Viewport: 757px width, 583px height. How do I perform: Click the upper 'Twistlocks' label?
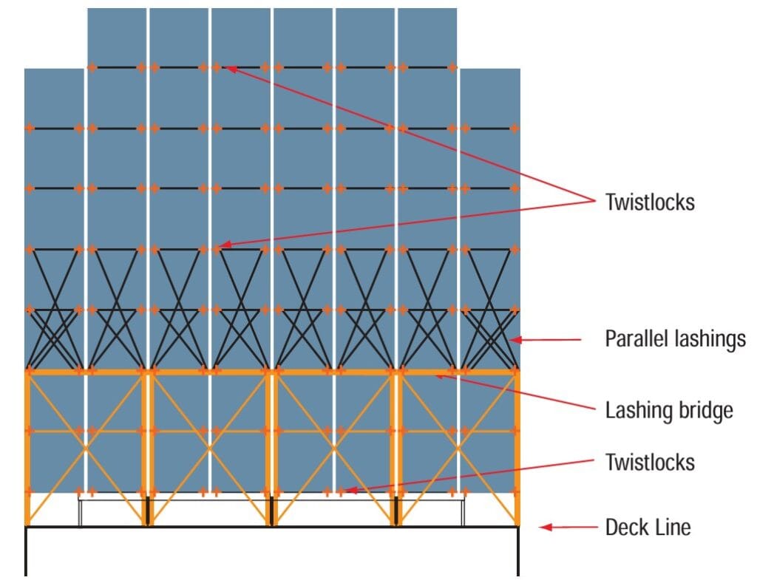pos(650,202)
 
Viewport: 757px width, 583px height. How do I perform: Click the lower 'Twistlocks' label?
pos(650,463)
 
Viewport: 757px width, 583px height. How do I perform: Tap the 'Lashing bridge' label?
pos(669,409)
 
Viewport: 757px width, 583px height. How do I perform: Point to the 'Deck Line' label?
pos(648,527)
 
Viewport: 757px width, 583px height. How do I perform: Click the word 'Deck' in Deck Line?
pos(625,527)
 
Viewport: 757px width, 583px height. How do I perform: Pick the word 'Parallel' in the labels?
pos(637,339)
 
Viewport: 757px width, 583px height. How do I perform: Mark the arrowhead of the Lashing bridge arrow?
pos(437,376)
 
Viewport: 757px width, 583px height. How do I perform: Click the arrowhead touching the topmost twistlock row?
pos(230,69)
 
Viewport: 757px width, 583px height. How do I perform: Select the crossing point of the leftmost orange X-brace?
pos(86,449)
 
